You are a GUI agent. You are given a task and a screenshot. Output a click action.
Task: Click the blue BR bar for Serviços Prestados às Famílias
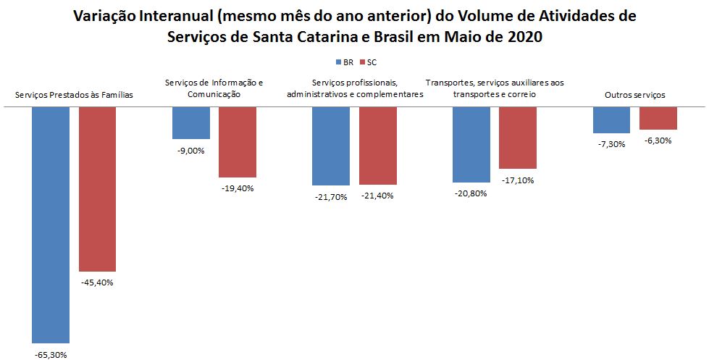click(51, 225)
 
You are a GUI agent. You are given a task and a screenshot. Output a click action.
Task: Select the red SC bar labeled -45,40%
click(97, 189)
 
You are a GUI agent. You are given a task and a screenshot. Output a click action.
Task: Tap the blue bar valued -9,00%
click(191, 122)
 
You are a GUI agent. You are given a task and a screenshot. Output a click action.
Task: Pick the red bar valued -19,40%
click(238, 142)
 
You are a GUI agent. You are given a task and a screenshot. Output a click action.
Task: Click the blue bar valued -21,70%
click(331, 146)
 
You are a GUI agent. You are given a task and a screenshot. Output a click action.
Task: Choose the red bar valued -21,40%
click(377, 146)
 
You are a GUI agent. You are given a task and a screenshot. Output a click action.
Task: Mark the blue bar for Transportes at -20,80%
click(471, 144)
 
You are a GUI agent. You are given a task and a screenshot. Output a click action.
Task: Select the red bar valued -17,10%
click(517, 138)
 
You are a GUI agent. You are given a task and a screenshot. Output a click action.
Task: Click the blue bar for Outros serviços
click(611, 120)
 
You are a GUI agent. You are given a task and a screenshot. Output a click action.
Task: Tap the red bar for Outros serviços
click(658, 118)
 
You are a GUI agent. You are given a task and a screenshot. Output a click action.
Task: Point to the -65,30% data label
click(51, 354)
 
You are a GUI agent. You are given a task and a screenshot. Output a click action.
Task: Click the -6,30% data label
click(658, 141)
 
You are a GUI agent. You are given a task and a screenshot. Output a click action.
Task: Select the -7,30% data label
click(611, 144)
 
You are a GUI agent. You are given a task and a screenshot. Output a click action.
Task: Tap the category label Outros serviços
click(634, 95)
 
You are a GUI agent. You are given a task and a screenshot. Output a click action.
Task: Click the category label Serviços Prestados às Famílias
click(74, 95)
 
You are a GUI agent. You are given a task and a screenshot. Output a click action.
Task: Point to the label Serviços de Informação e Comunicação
click(214, 88)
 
